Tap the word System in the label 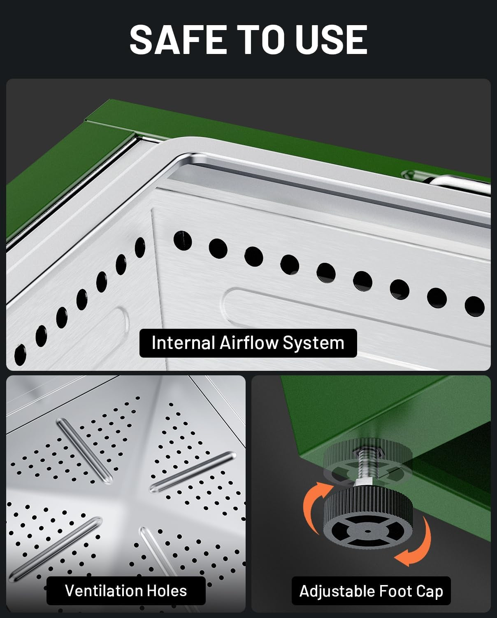click(x=314, y=344)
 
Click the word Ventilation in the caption click(x=103, y=591)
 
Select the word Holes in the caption click(x=167, y=591)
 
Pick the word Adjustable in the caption click(x=337, y=592)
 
